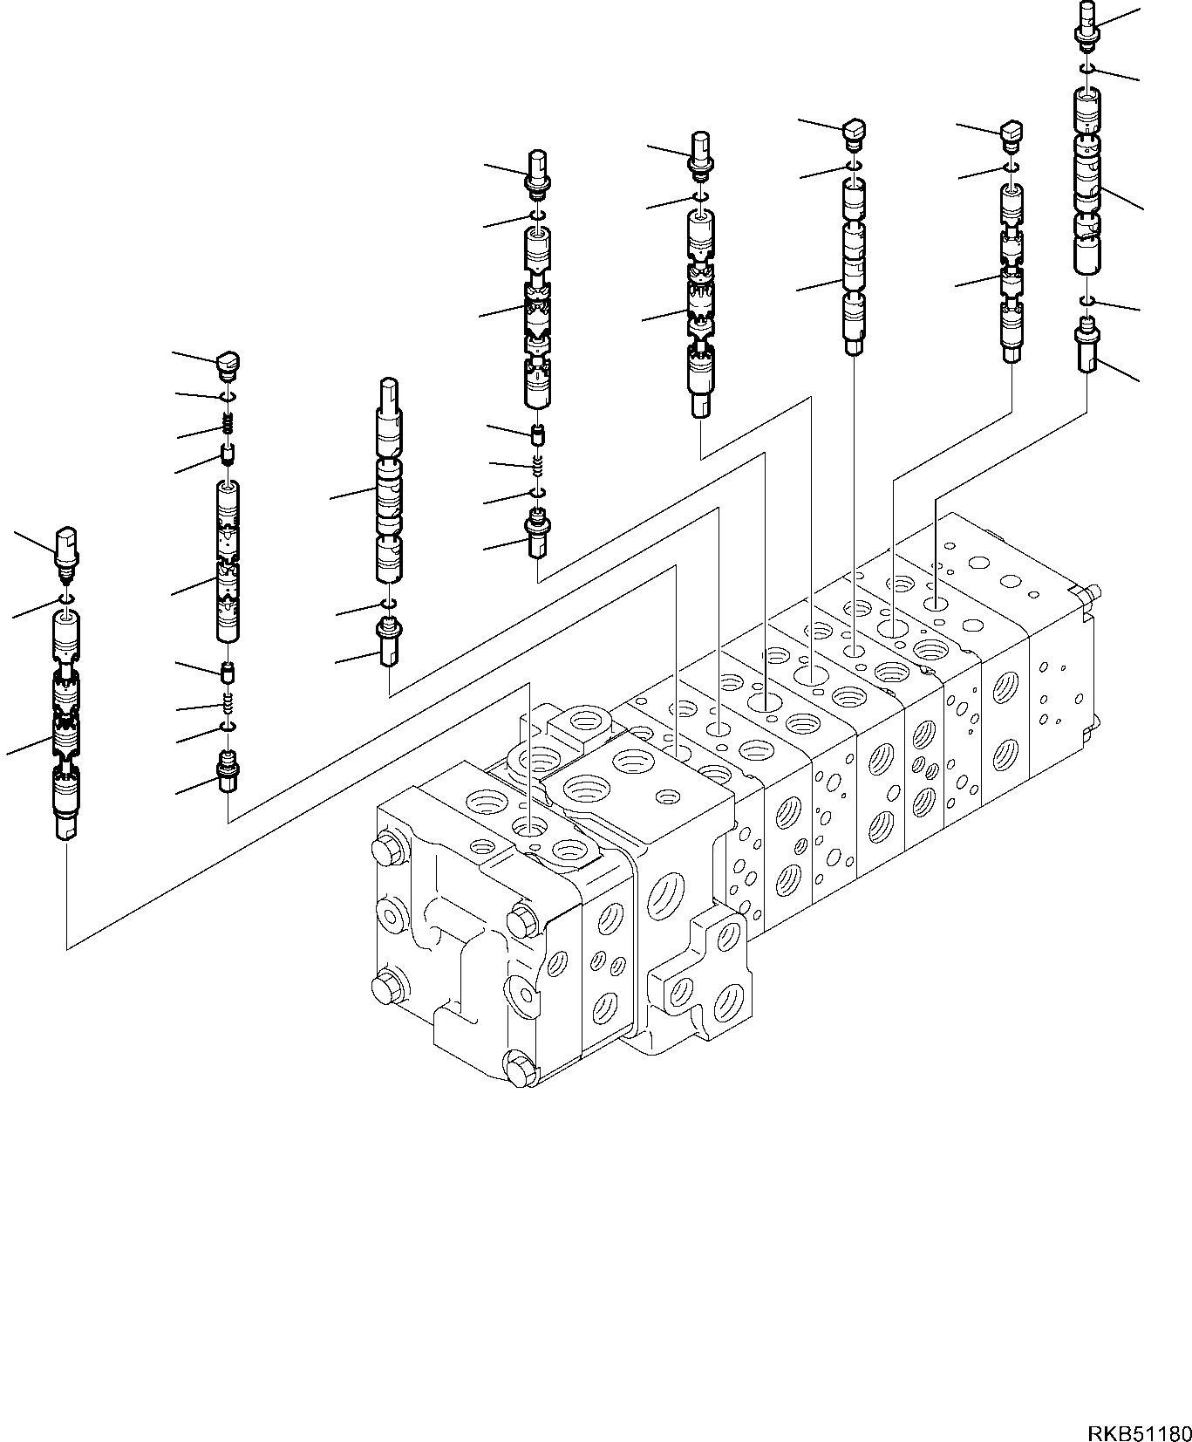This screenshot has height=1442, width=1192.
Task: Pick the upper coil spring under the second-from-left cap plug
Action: [228, 426]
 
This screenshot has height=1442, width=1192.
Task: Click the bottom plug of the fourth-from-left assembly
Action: [538, 536]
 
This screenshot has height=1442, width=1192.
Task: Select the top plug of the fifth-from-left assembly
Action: [702, 151]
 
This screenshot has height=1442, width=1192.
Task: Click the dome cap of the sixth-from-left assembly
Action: [854, 133]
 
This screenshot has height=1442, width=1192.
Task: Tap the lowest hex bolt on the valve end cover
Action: [517, 1069]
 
